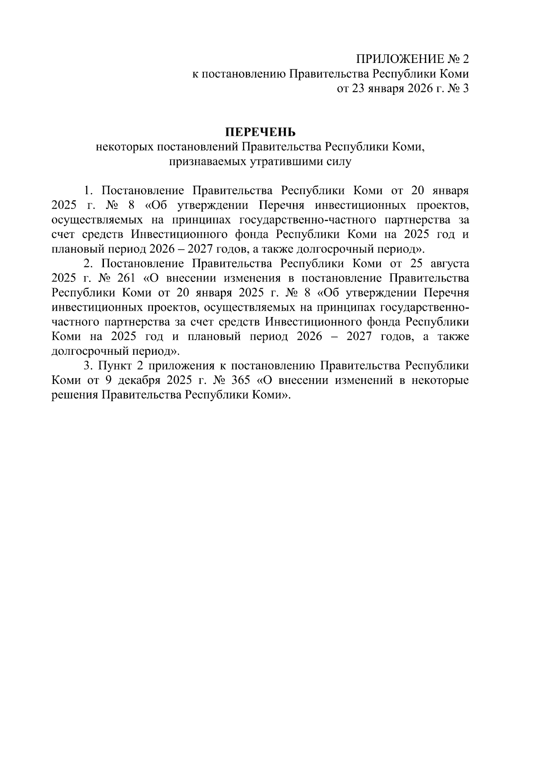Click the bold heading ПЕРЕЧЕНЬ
(x=261, y=132)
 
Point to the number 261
(x=126, y=278)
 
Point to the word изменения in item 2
(x=253, y=278)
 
